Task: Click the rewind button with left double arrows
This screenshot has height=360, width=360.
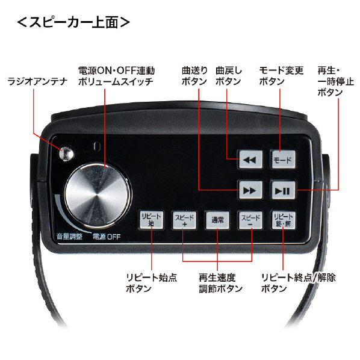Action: point(250,160)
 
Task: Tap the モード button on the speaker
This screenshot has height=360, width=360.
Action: point(283,160)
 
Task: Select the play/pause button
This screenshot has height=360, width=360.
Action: point(283,190)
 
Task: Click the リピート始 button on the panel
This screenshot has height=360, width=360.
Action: point(151,220)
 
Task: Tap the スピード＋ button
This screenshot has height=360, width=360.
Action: point(184,220)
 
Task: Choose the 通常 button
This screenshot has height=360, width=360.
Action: point(217,220)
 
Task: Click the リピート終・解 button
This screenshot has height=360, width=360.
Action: point(283,220)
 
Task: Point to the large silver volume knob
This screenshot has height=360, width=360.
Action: point(98,196)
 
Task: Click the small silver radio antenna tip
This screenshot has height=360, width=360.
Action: point(66,153)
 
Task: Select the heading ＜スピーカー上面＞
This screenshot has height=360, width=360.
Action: point(73,22)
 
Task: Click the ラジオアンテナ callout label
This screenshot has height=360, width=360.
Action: point(37,81)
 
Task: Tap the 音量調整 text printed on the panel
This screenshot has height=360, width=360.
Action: point(69,236)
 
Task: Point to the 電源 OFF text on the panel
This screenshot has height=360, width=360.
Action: point(107,237)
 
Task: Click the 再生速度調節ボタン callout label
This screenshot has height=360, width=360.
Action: point(221,283)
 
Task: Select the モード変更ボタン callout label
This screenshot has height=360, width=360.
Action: point(281,76)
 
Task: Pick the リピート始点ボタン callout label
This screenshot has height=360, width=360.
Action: point(152,283)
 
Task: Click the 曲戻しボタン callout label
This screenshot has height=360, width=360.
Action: point(229,76)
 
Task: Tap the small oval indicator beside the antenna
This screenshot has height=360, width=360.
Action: point(98,147)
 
